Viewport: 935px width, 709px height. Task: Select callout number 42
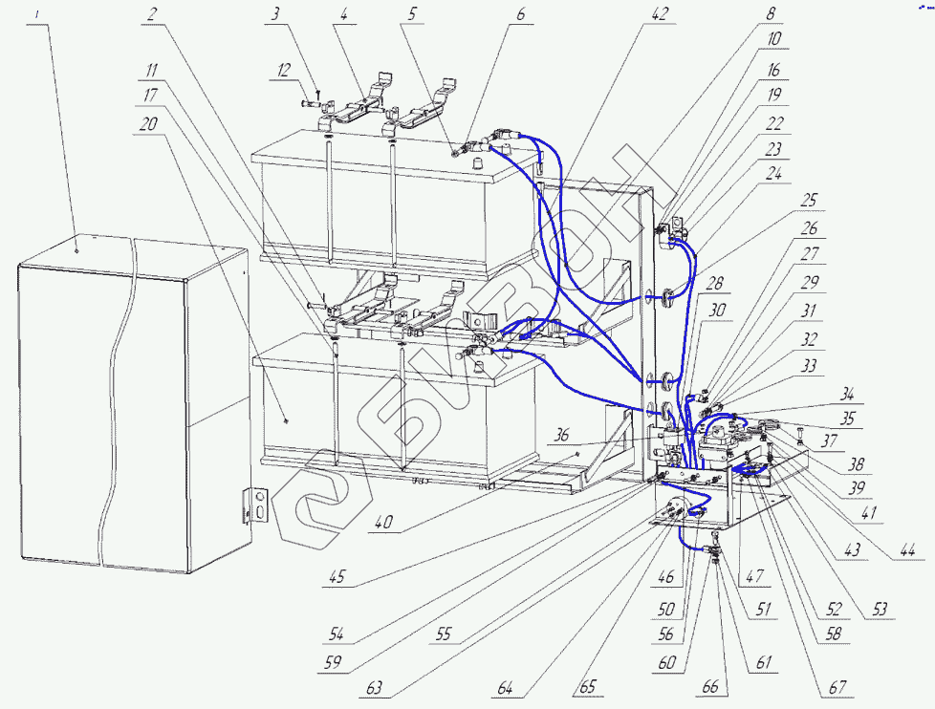point(660,13)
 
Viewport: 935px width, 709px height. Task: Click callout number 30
point(717,311)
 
